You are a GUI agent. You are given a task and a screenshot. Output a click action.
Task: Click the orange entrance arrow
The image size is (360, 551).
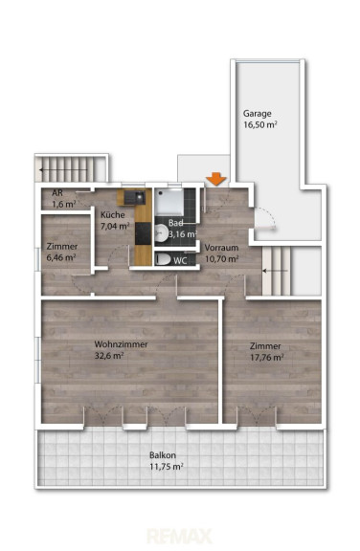click(215, 179)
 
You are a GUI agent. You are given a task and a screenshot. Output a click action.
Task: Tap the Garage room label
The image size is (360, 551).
click(258, 114)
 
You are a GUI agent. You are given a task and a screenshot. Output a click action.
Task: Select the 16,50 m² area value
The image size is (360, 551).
click(260, 124)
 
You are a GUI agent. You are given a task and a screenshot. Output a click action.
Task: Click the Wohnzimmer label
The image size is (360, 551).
click(121, 344)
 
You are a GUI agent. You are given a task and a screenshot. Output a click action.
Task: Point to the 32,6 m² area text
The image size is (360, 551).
click(109, 355)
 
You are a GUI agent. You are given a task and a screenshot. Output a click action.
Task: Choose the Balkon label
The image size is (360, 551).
click(163, 455)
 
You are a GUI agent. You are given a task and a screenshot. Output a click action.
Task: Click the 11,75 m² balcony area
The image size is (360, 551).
click(167, 467)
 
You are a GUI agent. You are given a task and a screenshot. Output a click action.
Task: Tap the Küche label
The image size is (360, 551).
click(113, 214)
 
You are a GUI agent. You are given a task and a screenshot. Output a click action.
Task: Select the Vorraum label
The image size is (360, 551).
click(221, 248)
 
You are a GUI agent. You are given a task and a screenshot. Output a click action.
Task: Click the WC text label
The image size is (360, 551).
click(180, 261)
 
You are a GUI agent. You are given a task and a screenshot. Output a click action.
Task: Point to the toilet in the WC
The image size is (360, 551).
click(163, 259)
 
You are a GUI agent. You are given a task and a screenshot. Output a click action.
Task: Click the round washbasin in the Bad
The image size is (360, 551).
click(161, 233)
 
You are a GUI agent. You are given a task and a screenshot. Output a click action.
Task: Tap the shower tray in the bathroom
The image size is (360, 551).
click(169, 203)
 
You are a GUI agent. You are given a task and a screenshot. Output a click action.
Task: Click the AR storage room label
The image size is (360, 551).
click(57, 192)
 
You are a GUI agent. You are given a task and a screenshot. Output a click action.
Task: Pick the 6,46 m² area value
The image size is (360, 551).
click(61, 257)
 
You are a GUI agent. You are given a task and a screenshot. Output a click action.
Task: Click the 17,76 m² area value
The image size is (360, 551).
click(267, 358)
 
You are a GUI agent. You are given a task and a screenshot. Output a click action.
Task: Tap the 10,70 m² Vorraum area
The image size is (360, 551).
click(222, 259)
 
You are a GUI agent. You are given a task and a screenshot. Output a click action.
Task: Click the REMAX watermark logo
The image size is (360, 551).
click(180, 536)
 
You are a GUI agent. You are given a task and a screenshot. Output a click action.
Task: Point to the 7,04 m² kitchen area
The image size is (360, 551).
click(115, 226)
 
